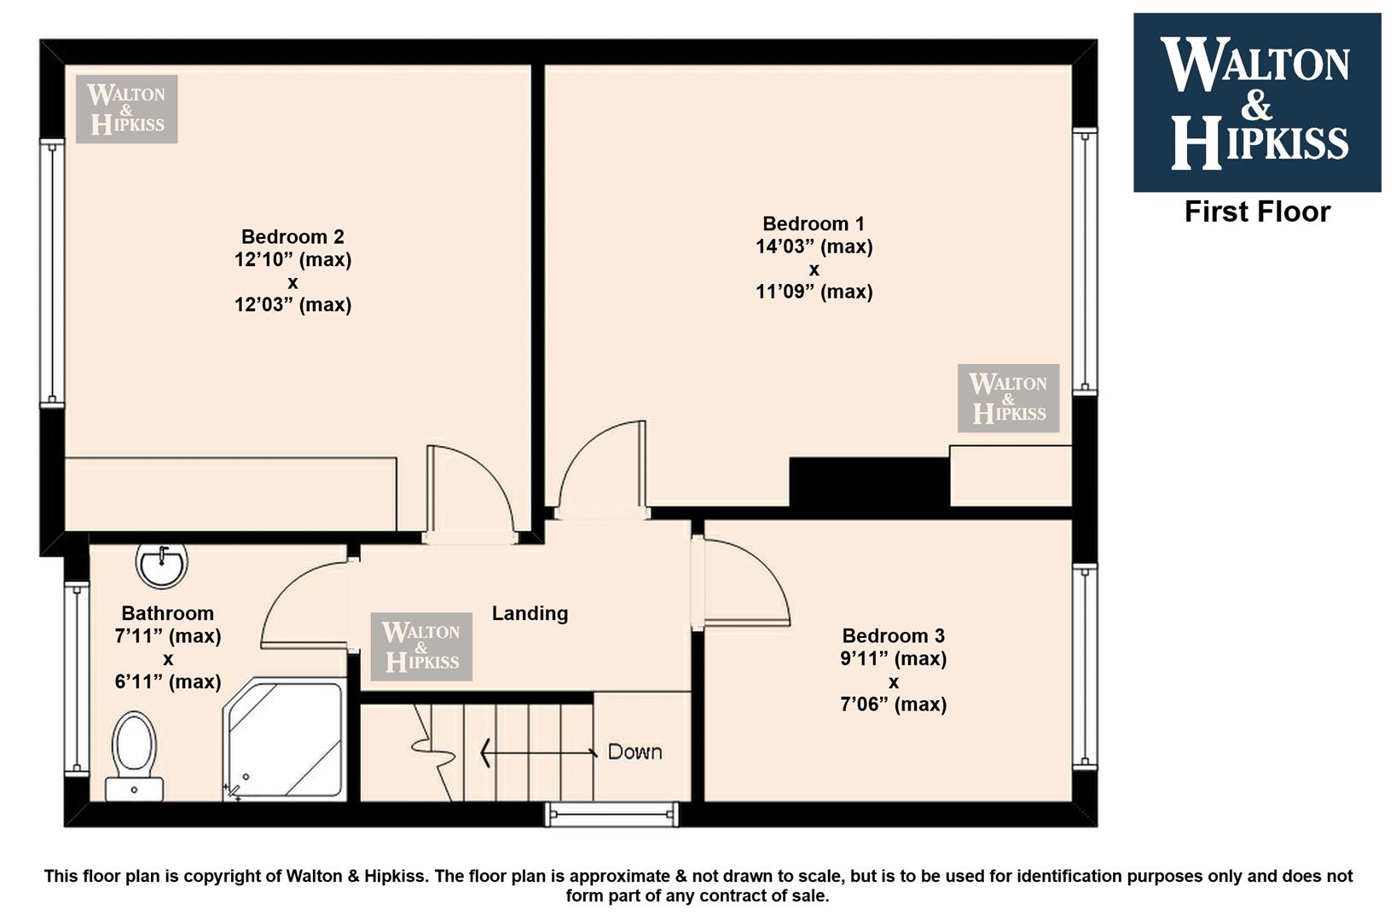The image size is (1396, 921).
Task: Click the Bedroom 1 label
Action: click(814, 223)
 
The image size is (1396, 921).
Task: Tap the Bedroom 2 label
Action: click(293, 237)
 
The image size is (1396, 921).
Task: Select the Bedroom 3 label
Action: click(893, 635)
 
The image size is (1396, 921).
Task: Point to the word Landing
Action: click(530, 613)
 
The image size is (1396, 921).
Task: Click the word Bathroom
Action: click(168, 613)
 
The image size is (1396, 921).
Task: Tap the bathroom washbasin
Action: click(161, 564)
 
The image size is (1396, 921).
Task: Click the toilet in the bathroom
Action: click(134, 756)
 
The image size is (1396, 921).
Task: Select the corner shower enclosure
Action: click(284, 739)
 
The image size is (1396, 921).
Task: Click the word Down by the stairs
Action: click(634, 752)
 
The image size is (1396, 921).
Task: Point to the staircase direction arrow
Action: click(538, 752)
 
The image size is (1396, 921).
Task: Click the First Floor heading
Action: click(1257, 211)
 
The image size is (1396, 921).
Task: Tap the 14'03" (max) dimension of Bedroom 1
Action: click(814, 246)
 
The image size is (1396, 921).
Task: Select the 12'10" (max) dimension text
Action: click(293, 260)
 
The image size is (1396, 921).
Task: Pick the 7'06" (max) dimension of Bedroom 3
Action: click(893, 704)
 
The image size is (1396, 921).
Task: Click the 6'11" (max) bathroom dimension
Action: click(168, 681)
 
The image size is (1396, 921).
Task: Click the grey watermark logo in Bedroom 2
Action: click(126, 109)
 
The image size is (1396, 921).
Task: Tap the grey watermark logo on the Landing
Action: click(421, 646)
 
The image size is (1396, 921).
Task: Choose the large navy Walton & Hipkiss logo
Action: click(1257, 102)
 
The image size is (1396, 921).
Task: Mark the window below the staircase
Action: click(612, 814)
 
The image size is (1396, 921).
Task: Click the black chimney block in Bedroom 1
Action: click(869, 483)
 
